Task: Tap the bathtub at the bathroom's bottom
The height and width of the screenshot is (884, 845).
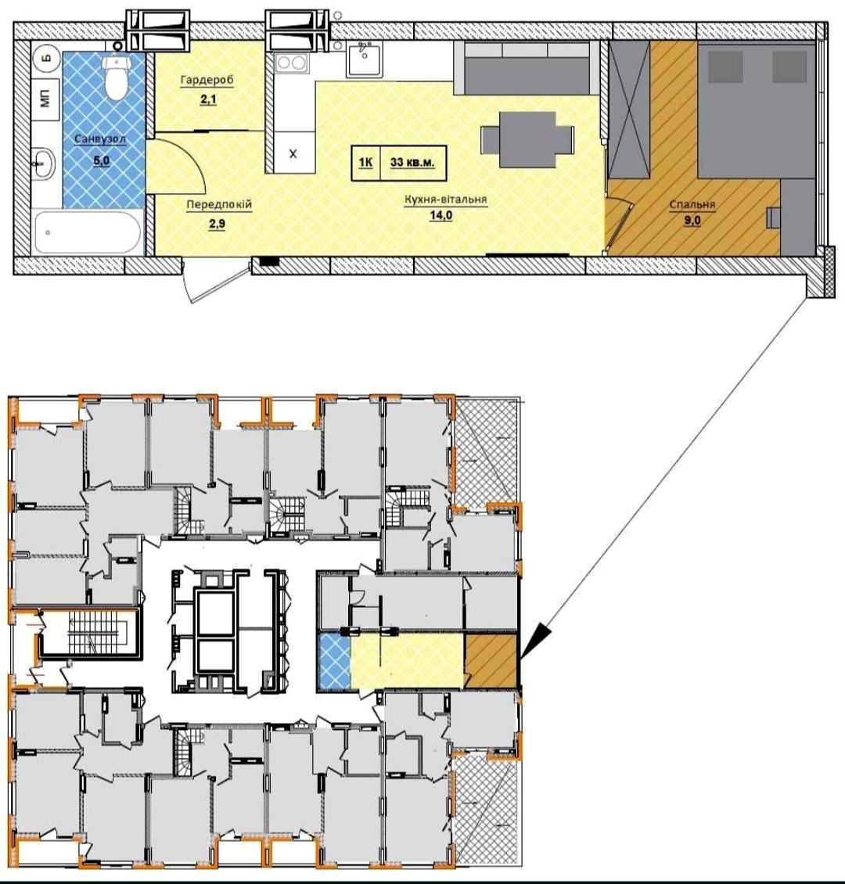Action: [88, 232]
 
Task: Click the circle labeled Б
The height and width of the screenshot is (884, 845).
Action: [47, 58]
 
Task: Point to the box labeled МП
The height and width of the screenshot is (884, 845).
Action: [46, 98]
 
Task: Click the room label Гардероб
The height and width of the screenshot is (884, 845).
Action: [207, 80]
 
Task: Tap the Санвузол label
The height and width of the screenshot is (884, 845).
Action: [100, 138]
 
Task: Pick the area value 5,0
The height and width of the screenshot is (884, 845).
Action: [102, 160]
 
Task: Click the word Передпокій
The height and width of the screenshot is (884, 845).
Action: [219, 204]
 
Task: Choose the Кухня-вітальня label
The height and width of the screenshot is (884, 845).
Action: [445, 199]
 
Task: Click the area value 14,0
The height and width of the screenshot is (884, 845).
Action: [440, 215]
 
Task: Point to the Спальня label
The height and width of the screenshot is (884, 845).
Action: [692, 204]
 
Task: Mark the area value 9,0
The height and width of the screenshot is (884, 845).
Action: [692, 221]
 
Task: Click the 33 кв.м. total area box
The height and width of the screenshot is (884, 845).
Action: [412, 163]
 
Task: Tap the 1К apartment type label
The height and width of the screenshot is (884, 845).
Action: [365, 163]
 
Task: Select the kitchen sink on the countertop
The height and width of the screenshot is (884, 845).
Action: [364, 59]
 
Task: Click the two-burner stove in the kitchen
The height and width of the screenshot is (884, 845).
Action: [292, 62]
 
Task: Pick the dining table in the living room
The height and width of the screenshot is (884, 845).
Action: [527, 139]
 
